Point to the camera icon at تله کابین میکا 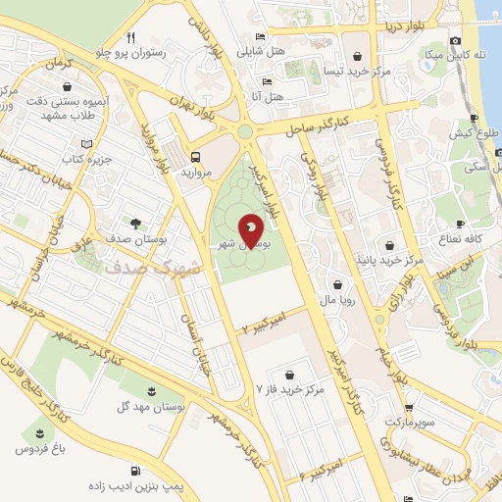[x=455, y=40]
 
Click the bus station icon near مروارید [x=196, y=156]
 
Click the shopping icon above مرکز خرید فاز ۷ [x=290, y=373]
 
